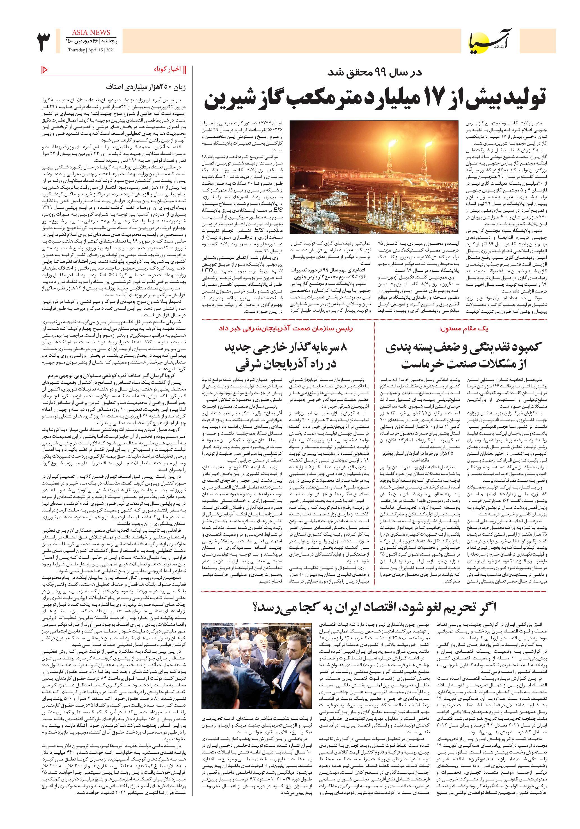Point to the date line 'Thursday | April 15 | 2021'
pyautogui.click(x=88, y=50)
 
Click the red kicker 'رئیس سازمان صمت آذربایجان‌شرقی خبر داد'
pyautogui.click(x=285, y=328)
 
